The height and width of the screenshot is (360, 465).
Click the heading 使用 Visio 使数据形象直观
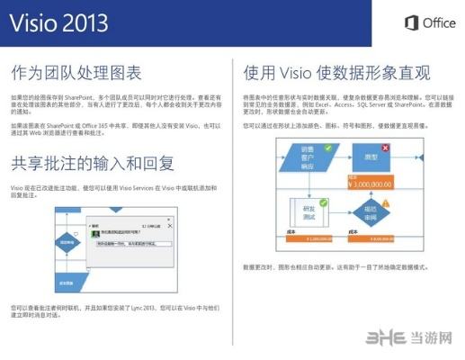pos(336,72)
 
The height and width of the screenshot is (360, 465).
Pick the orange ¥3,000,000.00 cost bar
pos(374,183)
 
